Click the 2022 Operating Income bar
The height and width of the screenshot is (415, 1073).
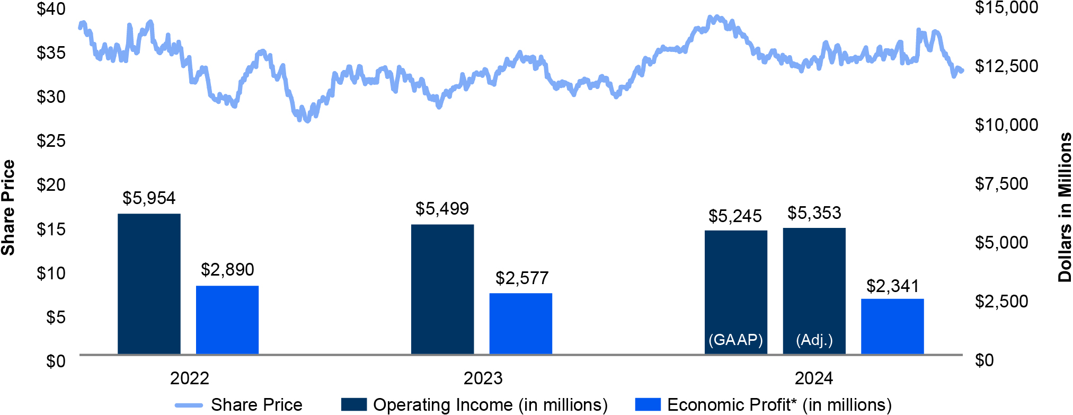pos(149,284)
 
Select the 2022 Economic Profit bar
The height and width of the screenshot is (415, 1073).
pos(227,320)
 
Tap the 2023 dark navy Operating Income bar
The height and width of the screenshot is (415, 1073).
pos(442,289)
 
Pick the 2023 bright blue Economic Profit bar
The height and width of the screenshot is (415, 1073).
pos(521,323)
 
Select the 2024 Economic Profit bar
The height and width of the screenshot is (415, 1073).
pos(892,326)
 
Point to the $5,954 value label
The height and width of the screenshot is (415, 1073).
pos(149,198)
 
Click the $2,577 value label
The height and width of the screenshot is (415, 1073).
pos(522,278)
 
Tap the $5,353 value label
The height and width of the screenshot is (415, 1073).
pos(814,213)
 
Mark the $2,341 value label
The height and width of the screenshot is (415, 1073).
pos(893,286)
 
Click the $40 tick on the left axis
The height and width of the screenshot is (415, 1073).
pos(51,9)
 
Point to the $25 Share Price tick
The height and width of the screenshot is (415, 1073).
pos(51,141)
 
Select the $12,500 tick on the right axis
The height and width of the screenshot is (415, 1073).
pos(1007,66)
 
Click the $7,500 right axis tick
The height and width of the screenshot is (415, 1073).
pos(1001,184)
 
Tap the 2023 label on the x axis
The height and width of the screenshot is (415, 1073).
pos(483,378)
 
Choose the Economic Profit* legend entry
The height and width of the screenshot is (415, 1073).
pos(763,405)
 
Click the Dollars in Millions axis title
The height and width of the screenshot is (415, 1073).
pos(1064,207)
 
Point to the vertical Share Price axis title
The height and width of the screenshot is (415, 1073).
pos(8,207)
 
